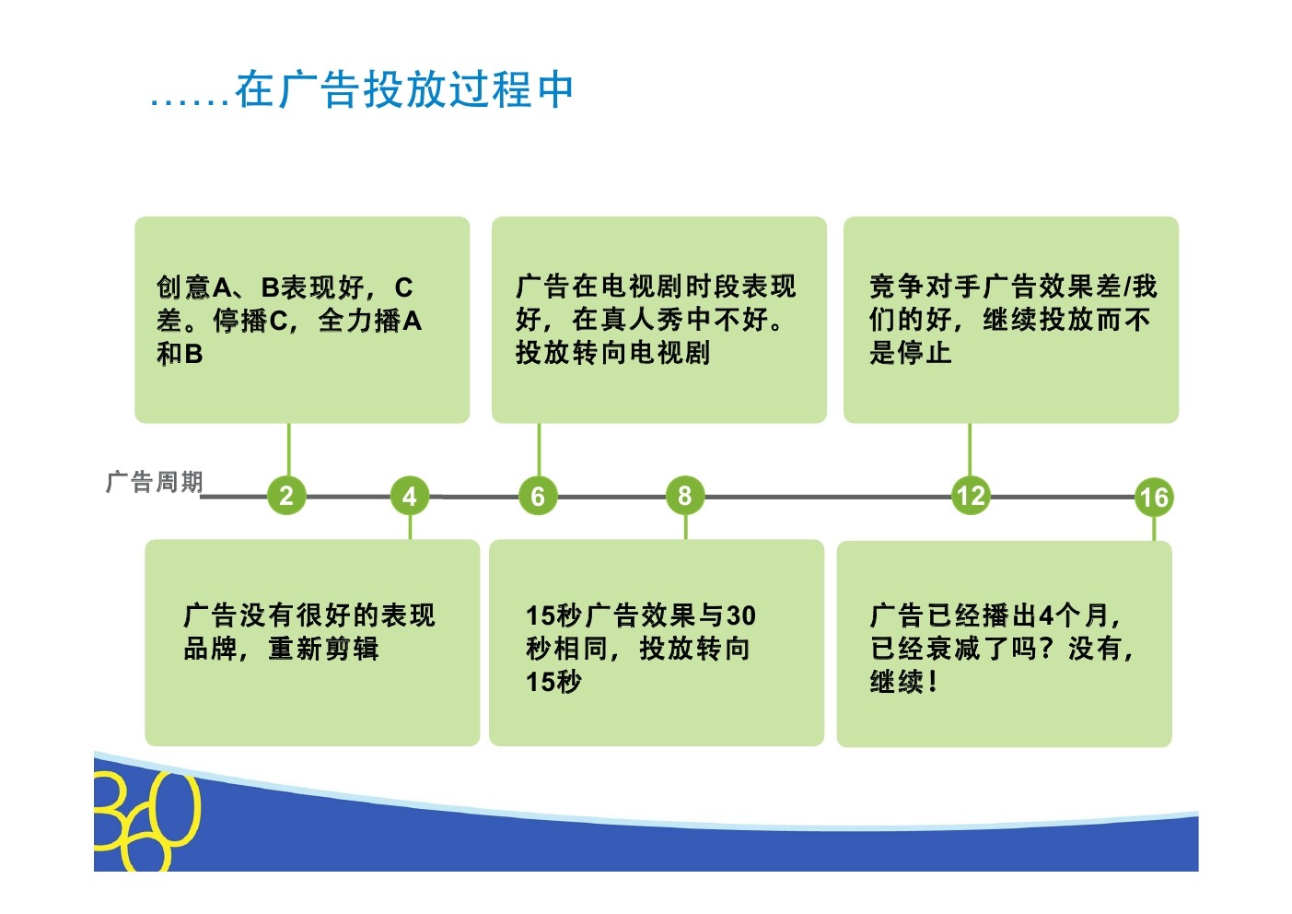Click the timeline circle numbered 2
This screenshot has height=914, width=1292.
click(286, 496)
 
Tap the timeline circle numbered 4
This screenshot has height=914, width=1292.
click(409, 496)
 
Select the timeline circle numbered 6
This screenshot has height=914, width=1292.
click(538, 496)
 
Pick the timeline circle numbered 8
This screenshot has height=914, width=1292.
click(684, 496)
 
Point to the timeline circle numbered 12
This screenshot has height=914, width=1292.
click(970, 496)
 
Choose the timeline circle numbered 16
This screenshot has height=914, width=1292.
click(1153, 498)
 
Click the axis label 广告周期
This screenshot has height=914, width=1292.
click(154, 481)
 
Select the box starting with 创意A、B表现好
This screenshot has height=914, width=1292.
click(302, 320)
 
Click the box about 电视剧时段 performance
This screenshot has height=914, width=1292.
click(658, 320)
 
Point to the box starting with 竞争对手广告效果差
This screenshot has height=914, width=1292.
click(1010, 320)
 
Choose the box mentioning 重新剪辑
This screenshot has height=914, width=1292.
click(312, 642)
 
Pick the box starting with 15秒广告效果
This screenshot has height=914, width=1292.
click(656, 642)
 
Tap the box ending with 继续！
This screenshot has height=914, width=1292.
click(1004, 643)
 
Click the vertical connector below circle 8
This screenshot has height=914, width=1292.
click(685, 527)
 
